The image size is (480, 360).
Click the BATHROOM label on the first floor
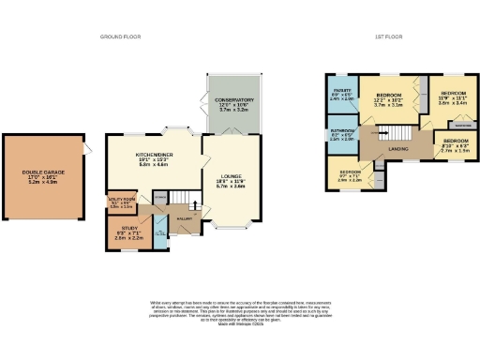341,134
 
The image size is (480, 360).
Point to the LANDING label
397,148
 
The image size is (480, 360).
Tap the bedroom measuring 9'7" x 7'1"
350,174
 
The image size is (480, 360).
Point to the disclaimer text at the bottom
240,313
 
